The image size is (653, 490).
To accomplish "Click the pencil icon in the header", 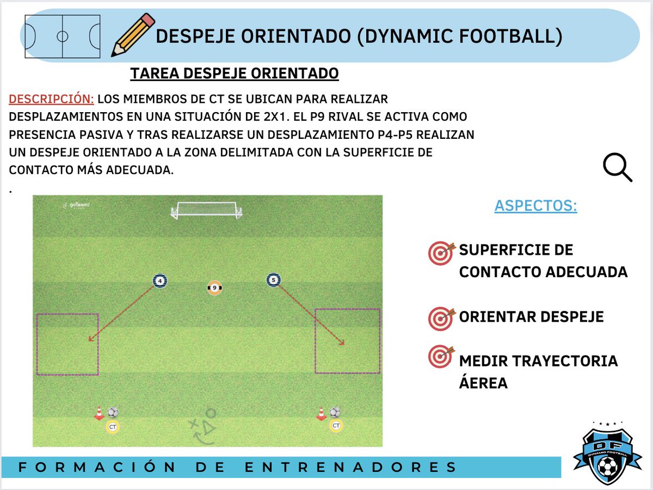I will (132, 35).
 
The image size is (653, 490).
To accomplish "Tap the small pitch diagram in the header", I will (63, 36).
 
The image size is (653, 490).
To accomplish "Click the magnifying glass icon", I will (618, 167).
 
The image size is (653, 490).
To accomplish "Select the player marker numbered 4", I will (160, 281).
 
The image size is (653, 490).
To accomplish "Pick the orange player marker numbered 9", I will (215, 287).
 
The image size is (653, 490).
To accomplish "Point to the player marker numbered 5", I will (274, 280).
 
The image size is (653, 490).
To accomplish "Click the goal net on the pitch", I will (206, 211).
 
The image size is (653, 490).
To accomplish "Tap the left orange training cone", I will (99, 414).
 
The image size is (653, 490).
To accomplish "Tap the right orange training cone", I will (322, 414).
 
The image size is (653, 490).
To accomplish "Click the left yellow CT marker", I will (113, 427).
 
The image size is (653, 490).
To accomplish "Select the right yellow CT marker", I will (336, 426).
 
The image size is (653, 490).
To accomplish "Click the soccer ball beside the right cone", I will (335, 413).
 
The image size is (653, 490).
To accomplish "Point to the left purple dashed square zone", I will (67, 344).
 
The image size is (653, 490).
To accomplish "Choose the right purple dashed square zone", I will (347, 341).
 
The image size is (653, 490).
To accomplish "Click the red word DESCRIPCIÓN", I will (52, 100).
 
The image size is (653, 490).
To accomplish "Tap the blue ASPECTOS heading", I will (535, 206).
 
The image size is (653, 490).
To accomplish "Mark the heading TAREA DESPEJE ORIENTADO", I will (235, 73).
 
